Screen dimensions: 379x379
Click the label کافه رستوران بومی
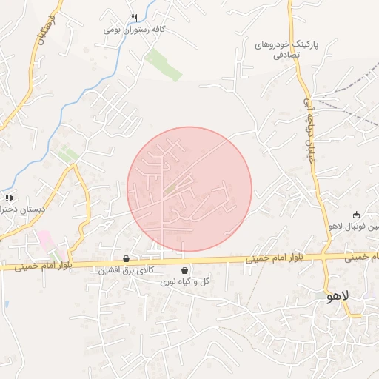pos(133,30)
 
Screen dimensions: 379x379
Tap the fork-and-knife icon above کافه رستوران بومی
pos(134,18)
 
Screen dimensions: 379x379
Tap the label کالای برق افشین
pos(126,271)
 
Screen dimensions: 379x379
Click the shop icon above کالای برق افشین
pos(127,259)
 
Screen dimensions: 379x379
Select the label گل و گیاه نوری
pos(184,282)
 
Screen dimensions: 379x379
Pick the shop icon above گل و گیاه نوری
pos(184,271)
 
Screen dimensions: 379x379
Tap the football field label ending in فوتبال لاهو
pos(355,227)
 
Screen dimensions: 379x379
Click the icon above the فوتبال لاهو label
pos(356,215)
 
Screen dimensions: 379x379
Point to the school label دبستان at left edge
pos(23,209)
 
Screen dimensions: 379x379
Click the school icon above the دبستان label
pos(9,198)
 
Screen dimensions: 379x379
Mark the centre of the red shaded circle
pos(189,189)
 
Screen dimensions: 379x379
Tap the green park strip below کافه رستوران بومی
pos(163,65)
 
